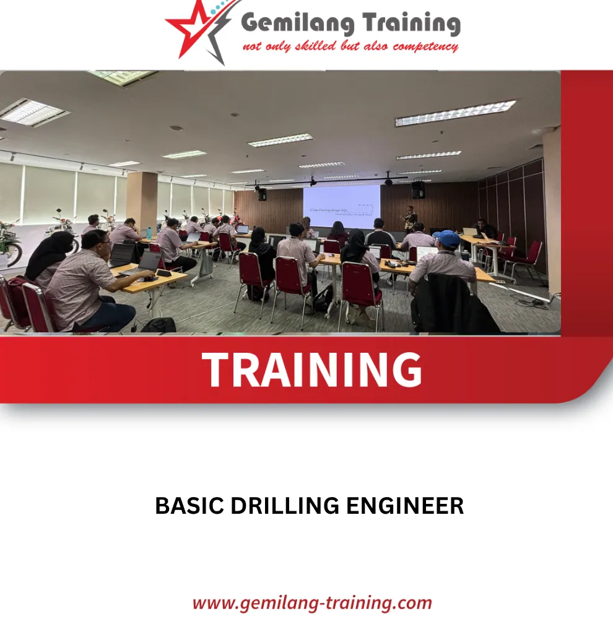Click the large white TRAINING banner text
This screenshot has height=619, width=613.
(311, 370)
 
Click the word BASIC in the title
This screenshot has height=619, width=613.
(189, 506)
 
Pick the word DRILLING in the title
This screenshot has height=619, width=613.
(285, 506)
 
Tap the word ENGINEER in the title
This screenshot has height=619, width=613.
(405, 506)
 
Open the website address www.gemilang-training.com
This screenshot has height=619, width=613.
(311, 602)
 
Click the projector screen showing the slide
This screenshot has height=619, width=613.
(341, 206)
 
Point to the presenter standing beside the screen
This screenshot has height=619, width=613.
(409, 219)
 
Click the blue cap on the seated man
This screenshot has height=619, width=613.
(446, 238)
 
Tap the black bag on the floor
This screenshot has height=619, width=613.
(159, 324)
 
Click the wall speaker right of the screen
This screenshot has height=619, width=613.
(418, 189)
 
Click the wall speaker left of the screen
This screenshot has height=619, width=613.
(262, 194)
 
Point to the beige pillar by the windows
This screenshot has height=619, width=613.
(142, 198)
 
